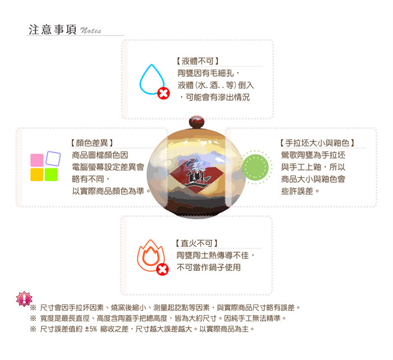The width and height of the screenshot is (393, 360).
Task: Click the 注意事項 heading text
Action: point(52,30)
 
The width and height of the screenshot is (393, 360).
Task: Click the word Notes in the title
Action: point(90,30)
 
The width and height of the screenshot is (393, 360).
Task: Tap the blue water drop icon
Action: point(152,80)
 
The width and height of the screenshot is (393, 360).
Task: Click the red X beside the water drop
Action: point(163,94)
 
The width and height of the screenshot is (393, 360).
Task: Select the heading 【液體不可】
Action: point(197,61)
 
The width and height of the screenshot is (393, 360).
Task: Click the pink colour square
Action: point(36,160)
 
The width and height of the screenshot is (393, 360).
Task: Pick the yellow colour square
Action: point(36,174)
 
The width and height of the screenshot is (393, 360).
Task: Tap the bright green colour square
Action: point(51,174)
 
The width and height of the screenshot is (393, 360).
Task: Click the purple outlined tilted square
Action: point(53,159)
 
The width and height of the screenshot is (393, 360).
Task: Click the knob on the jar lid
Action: point(196,122)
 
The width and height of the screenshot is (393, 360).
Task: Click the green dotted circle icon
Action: point(255,167)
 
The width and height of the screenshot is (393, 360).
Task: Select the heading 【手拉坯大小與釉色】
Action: point(317,143)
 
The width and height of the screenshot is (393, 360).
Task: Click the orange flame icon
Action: point(150,255)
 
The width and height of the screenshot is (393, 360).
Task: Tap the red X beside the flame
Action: point(162,269)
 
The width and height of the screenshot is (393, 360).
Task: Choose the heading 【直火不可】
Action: point(196,243)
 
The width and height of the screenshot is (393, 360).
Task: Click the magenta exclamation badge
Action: point(24,299)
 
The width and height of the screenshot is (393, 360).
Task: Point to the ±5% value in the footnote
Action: point(91,329)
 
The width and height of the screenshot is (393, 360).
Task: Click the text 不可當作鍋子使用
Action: point(208,267)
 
